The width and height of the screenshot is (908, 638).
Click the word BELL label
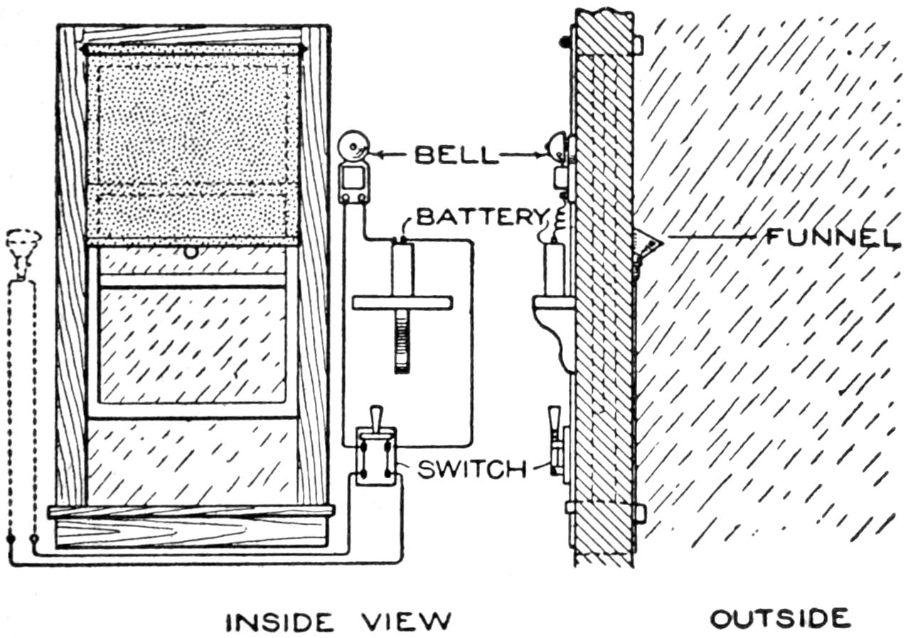click(x=456, y=155)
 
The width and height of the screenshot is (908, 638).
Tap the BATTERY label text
click(x=480, y=216)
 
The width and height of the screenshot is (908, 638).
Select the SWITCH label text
click(x=471, y=470)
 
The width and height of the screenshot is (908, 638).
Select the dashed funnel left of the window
click(x=23, y=249)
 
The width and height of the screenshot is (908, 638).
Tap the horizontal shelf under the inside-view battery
click(x=402, y=303)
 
